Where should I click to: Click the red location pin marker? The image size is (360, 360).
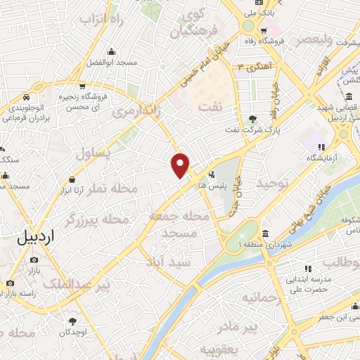tap(181, 165)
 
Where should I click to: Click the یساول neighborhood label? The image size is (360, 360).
tap(94, 153)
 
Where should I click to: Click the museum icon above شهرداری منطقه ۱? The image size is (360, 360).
tap(265, 233)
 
